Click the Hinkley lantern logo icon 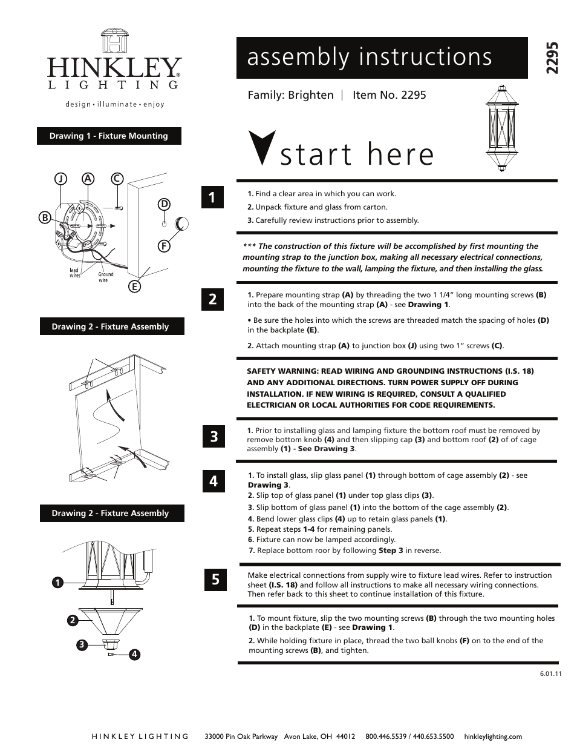[x=115, y=41]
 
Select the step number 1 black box [x=213, y=197]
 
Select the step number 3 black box [x=214, y=436]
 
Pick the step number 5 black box [x=215, y=580]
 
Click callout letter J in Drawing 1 [x=60, y=179]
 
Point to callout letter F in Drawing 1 [x=164, y=246]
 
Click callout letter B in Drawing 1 [x=44, y=217]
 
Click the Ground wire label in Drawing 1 [x=106, y=277]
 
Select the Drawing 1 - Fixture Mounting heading [x=109, y=136]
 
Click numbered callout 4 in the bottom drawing [x=134, y=654]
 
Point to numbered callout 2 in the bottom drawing [x=71, y=620]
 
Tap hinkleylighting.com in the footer [x=492, y=736]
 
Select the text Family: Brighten [x=290, y=95]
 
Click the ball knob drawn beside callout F [x=182, y=224]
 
